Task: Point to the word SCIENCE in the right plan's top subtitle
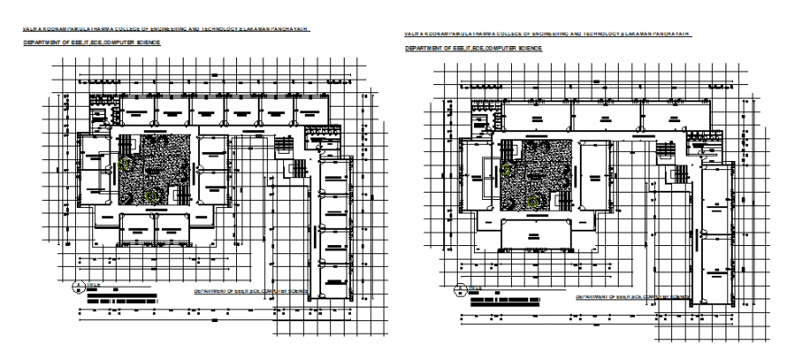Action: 526,47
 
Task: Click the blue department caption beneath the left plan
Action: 251,292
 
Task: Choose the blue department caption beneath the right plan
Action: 632,296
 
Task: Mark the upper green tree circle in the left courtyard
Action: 125,164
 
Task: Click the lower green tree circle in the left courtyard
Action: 154,194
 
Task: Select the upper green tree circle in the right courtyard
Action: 507,169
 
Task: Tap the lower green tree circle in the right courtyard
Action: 536,201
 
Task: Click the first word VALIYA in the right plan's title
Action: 413,33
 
